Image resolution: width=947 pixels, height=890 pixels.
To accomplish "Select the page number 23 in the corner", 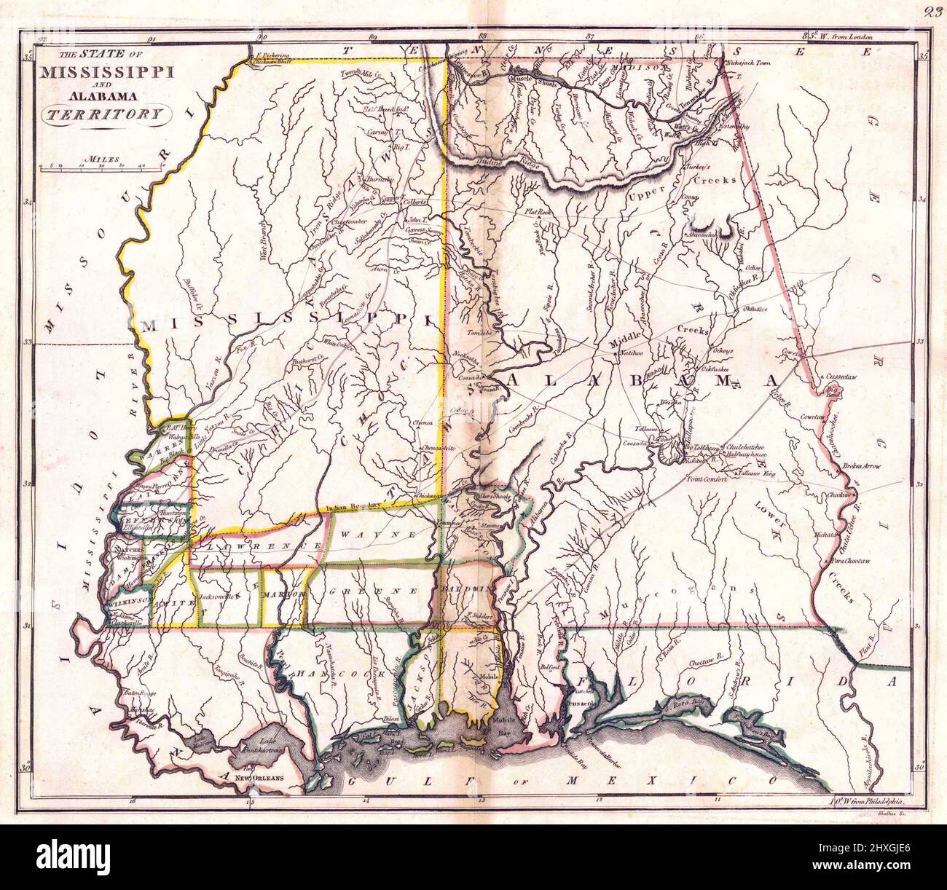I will point(934,10).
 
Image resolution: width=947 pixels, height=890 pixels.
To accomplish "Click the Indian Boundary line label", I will point(354,505).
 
